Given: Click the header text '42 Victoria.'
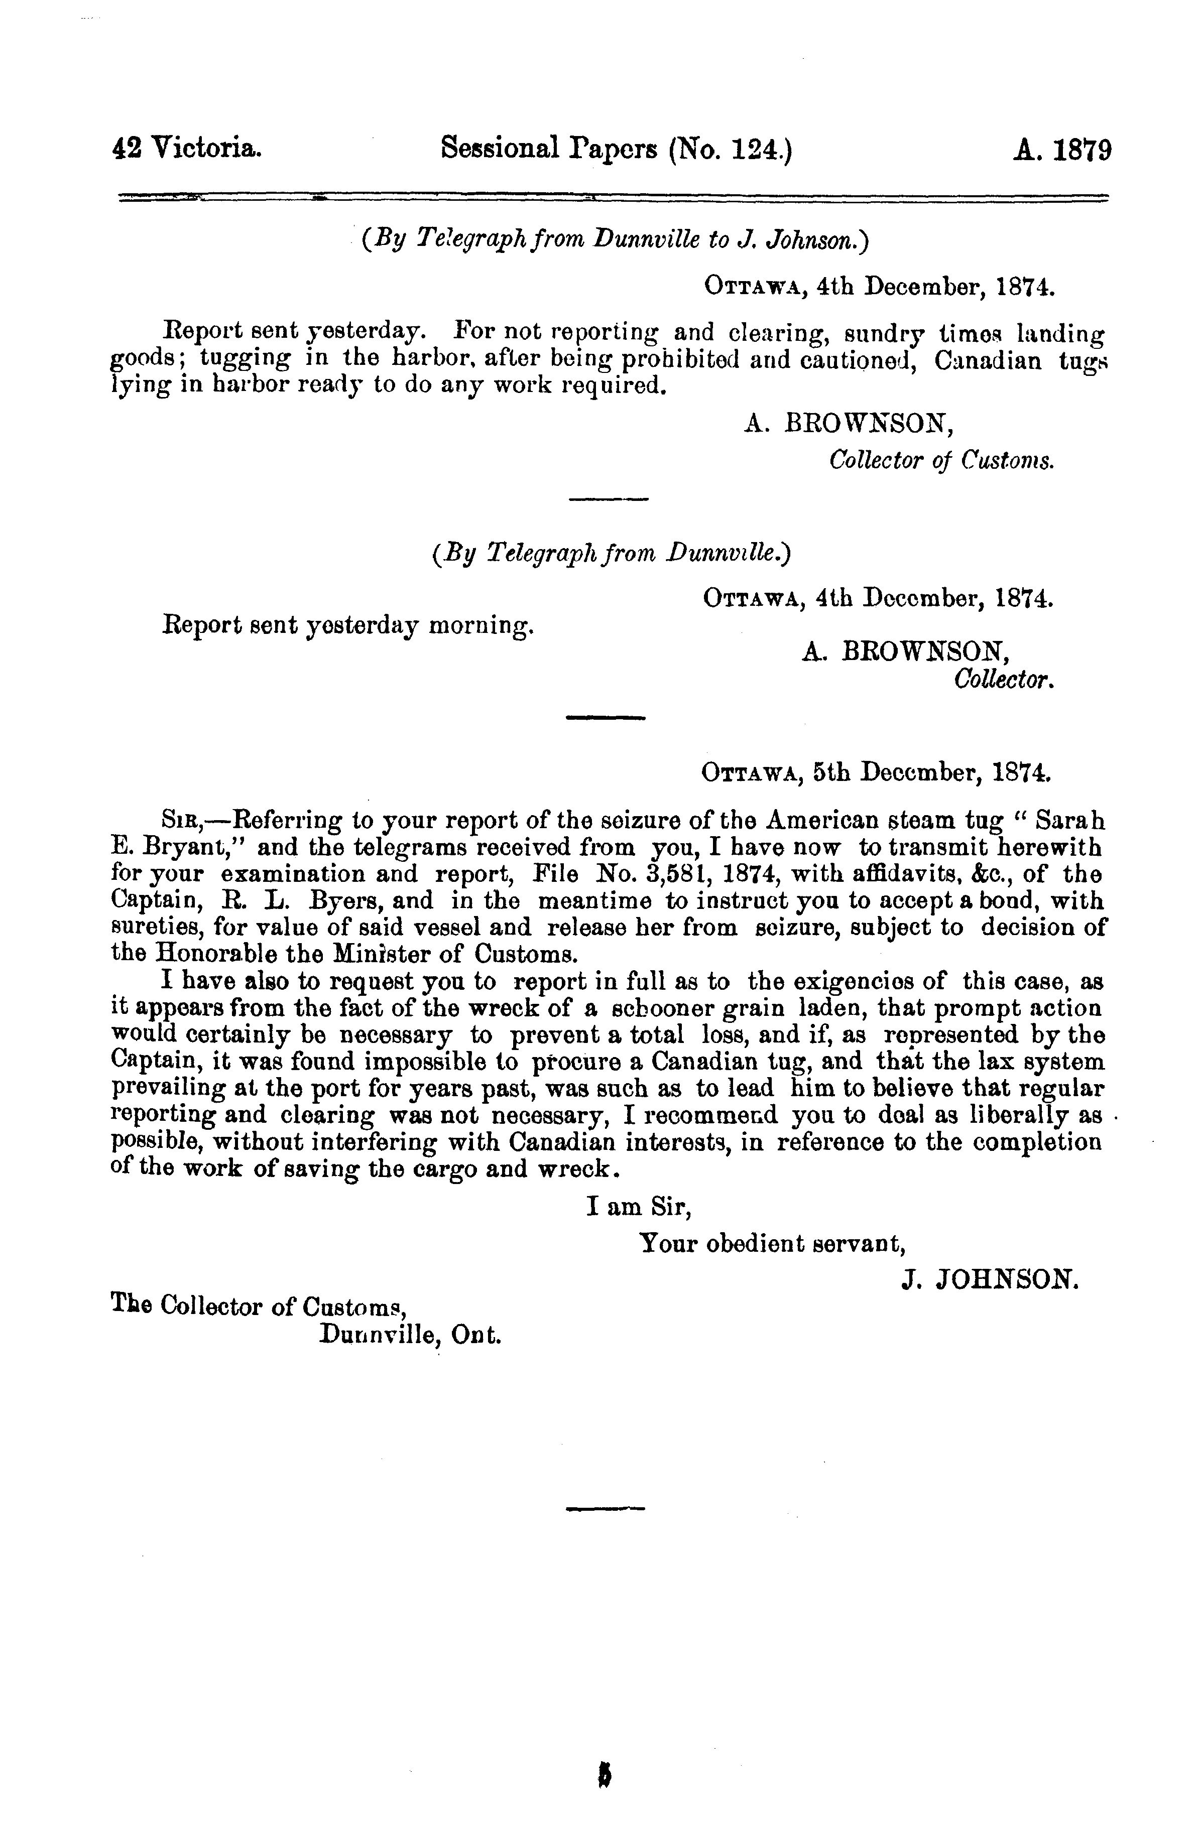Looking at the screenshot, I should click(187, 148).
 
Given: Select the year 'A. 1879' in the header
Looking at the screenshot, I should click(1061, 148).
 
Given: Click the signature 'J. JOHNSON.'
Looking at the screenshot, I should click(990, 1280).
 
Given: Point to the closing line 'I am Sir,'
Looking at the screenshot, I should click(639, 1206).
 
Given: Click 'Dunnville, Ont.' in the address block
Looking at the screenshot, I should click(410, 1334).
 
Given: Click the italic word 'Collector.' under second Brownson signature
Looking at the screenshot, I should click(1004, 681).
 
